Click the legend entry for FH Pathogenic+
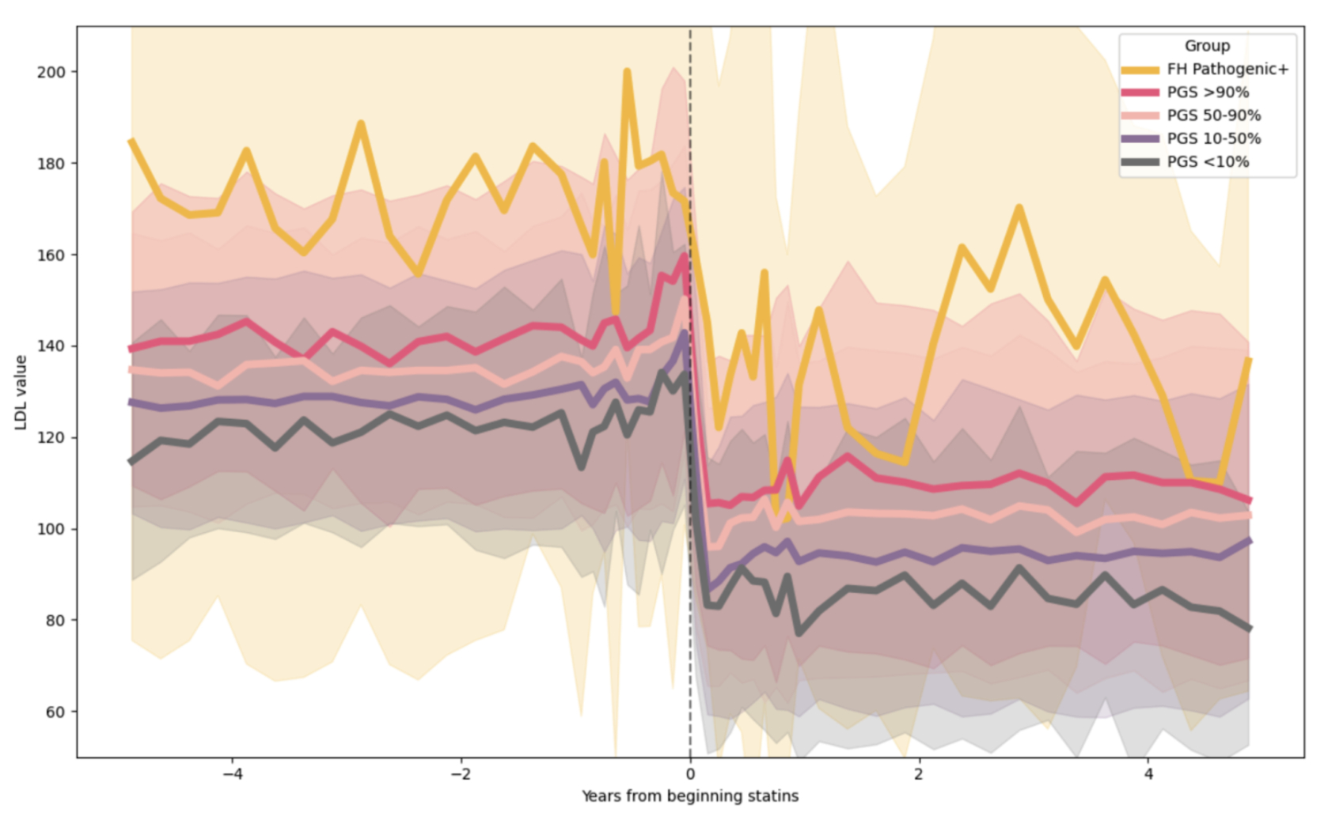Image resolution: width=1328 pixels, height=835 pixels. (1227, 70)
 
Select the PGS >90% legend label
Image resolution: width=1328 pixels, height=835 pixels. (1208, 93)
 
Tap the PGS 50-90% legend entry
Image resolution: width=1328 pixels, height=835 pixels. (1213, 115)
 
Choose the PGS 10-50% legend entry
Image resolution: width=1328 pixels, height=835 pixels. (1213, 138)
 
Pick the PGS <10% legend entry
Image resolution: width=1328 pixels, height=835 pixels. (1208, 161)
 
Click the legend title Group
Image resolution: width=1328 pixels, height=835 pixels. (1207, 46)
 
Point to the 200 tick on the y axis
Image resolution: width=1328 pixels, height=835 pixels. (51, 72)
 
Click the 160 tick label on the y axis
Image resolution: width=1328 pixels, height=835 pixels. (51, 255)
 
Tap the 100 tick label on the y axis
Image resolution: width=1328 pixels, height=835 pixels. (51, 529)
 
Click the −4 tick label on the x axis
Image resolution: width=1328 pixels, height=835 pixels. (232, 773)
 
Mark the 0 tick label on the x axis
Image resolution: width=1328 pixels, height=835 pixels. (690, 773)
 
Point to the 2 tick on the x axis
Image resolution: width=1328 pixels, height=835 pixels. (919, 773)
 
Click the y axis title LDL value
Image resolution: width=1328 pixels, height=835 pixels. (21, 392)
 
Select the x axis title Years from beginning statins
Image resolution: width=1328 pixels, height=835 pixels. (690, 796)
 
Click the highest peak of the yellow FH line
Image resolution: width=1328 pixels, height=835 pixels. (627, 71)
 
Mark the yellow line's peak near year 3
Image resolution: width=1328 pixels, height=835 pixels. (1019, 207)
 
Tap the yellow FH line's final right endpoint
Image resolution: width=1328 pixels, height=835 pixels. (1249, 360)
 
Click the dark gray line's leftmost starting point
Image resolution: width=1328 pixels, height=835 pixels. (131, 462)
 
